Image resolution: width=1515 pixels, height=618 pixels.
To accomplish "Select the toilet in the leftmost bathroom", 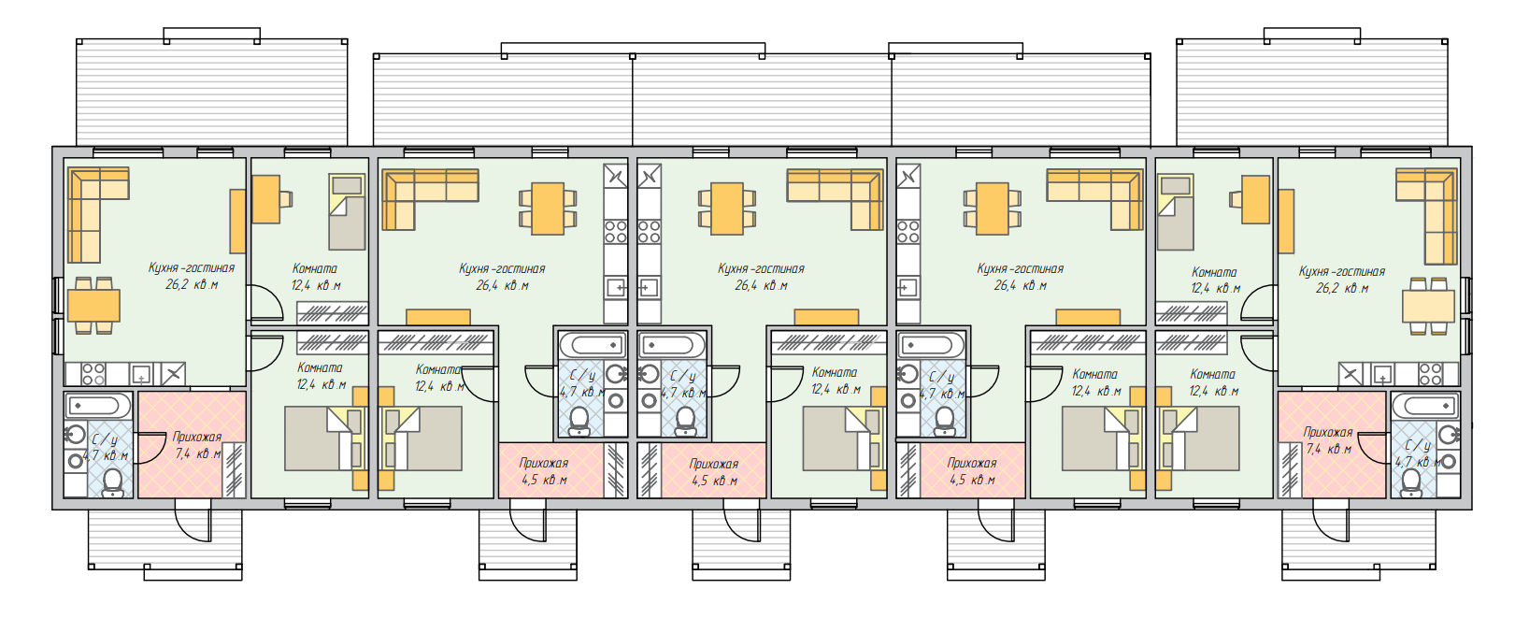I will (113, 481).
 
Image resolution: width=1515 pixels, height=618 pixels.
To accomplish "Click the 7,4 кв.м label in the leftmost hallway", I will (198, 453).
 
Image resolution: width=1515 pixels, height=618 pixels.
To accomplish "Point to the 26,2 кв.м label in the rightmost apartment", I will (1341, 288).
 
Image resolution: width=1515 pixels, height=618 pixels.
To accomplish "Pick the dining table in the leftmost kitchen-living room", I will (93, 305).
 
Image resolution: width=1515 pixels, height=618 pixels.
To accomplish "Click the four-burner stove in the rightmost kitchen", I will (1430, 375).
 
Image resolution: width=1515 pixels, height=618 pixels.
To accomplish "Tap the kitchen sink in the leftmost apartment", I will (140, 375).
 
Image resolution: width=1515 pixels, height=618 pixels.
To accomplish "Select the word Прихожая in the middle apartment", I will (714, 464).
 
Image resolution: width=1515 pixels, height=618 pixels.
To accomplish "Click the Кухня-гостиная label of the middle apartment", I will (761, 268).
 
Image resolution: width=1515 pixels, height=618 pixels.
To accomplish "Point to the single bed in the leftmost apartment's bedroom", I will (347, 212).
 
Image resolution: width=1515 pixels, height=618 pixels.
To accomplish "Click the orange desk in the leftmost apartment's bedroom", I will (265, 199).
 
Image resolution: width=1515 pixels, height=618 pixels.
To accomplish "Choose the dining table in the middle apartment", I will (726, 208).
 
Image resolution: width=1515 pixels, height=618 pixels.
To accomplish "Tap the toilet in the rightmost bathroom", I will (1411, 481).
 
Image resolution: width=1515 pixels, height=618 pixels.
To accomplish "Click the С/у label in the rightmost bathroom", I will (1418, 445).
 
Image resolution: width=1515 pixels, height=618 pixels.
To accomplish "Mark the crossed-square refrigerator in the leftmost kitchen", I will (173, 375).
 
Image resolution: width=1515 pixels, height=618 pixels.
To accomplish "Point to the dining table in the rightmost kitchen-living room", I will (1428, 306).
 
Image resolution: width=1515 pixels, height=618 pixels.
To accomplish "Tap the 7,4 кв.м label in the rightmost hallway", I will (1328, 449).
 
